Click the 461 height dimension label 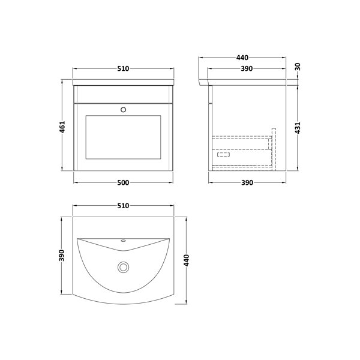62,127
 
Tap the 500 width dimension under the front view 123,183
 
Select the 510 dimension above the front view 123,68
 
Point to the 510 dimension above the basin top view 123,206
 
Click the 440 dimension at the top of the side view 242,58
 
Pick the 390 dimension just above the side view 247,68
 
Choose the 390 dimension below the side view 247,183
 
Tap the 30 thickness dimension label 298,67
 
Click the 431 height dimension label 298,128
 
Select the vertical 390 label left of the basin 62,256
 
